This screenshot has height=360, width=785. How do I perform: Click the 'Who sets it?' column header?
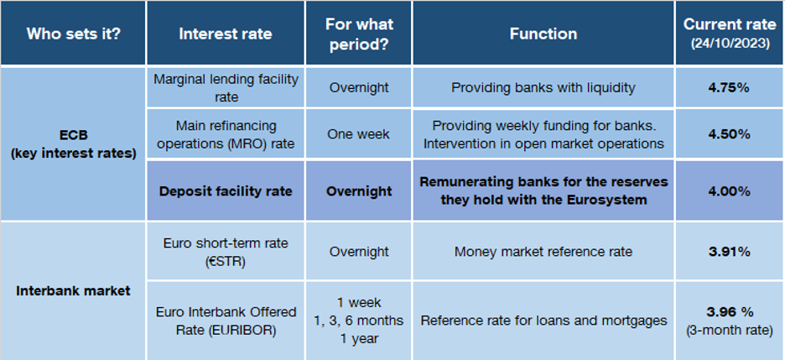click(x=73, y=34)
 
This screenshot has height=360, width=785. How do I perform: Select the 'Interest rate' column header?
click(x=226, y=34)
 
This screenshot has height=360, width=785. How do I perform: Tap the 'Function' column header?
click(x=543, y=34)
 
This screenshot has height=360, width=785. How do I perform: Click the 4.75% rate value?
click(x=730, y=87)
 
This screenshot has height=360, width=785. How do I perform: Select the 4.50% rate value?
click(x=730, y=134)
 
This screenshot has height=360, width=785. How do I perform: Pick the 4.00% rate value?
click(x=730, y=191)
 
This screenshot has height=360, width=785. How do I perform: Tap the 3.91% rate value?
click(x=730, y=252)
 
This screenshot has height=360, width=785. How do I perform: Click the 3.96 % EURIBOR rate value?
click(x=730, y=312)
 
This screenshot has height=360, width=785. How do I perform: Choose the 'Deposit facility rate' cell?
click(x=226, y=191)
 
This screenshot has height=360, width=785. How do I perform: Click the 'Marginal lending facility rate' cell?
click(x=226, y=87)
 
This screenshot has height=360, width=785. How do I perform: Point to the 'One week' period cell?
click(x=358, y=134)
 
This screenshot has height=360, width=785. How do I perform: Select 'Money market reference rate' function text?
click(x=543, y=252)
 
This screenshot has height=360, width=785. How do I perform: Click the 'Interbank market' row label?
click(x=73, y=290)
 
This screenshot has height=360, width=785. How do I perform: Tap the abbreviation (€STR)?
click(x=226, y=261)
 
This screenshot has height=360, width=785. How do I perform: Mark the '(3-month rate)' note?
click(x=730, y=331)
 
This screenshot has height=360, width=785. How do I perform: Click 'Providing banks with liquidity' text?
click(x=543, y=87)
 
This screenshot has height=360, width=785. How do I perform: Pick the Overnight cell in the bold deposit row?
click(x=358, y=191)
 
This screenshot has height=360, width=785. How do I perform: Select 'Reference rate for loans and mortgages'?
click(x=543, y=321)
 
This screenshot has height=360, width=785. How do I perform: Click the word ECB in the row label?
click(x=73, y=135)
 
